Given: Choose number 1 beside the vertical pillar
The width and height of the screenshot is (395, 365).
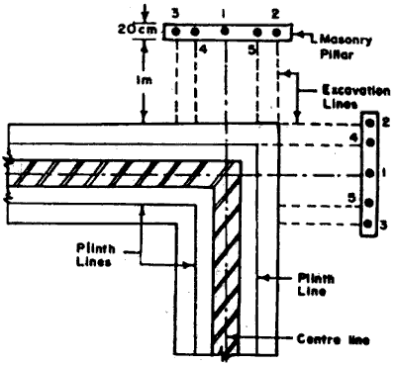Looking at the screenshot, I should point(385,172).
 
